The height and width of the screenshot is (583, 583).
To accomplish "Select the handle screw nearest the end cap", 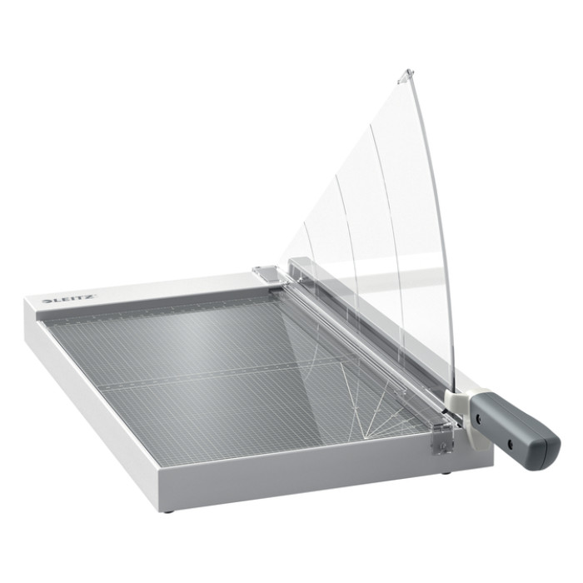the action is click(x=510, y=443).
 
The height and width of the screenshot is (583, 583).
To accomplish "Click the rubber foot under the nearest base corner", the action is click(x=170, y=512).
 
